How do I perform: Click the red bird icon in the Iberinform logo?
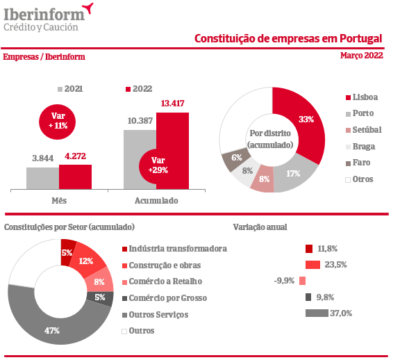click(x=88, y=8)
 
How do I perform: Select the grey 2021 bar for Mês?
click(x=42, y=178)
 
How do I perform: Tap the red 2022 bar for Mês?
click(x=75, y=177)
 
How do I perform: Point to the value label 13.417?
click(x=172, y=104)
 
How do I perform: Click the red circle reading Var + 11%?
click(x=58, y=122)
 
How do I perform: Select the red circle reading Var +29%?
click(x=153, y=167)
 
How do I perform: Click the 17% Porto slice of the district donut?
click(x=293, y=176)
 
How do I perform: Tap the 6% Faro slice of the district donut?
click(x=236, y=158)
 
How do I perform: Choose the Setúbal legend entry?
click(x=364, y=130)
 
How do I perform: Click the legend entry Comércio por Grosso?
click(x=165, y=298)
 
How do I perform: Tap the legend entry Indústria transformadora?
click(x=174, y=249)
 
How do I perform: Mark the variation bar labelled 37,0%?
click(x=317, y=313)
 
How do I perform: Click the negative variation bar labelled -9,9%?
click(x=302, y=281)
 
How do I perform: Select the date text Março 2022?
click(x=362, y=56)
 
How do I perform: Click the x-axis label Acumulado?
click(x=156, y=201)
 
